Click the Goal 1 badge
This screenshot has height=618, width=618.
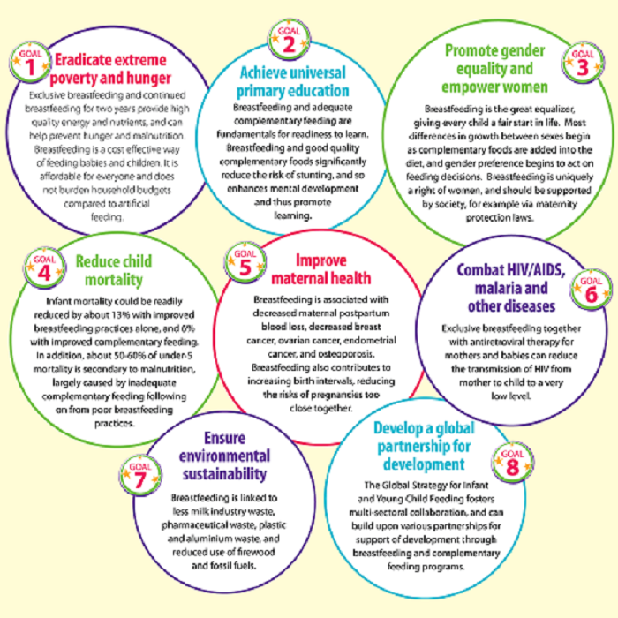pos(30,63)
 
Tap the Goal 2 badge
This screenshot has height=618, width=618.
pos(289,40)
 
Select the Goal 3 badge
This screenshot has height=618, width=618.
pos(583,63)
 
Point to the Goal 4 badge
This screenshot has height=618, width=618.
pos(44,268)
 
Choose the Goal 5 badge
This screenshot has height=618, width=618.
pos(245,262)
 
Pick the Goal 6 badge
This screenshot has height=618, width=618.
pos(592,290)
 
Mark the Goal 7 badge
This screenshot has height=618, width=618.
pos(140,475)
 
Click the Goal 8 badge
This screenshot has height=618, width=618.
pos(513,463)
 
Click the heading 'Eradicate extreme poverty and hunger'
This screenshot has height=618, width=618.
pos(110,69)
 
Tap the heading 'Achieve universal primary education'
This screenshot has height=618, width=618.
pos(293,81)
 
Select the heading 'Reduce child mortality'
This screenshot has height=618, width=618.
pos(114,270)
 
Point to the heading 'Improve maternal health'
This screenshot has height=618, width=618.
pos(321,269)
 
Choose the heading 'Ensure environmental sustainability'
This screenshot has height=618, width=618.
pos(224,456)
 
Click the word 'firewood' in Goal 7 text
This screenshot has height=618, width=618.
pos(257,552)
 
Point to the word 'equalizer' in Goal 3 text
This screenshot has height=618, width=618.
pos(554,109)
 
